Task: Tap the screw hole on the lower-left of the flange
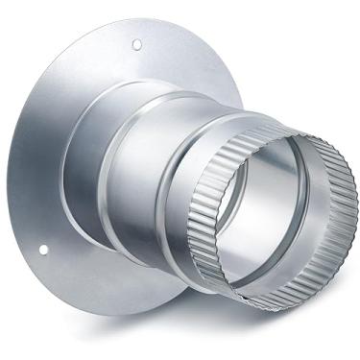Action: (43, 251)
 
